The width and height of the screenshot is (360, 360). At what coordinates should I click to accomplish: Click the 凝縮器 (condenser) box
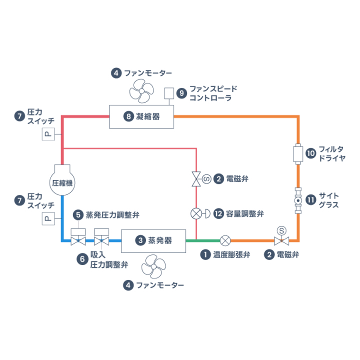[x=141, y=117]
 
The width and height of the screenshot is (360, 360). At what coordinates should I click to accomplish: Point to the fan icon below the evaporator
[x=154, y=266]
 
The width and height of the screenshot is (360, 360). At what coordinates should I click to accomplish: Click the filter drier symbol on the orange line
[x=298, y=154]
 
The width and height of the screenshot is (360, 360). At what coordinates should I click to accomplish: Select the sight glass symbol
[x=298, y=200]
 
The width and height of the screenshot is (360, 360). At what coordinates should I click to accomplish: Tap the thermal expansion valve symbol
[x=226, y=241]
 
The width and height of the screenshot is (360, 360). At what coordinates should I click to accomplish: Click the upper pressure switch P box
[x=48, y=135]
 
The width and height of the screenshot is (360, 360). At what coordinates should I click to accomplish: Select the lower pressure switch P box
[x=48, y=218]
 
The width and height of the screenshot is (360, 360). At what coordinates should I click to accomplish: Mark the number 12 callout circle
[x=218, y=214]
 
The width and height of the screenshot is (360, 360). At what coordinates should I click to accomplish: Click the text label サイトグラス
[x=330, y=200]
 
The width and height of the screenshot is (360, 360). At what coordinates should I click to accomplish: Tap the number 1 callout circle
[x=205, y=254]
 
